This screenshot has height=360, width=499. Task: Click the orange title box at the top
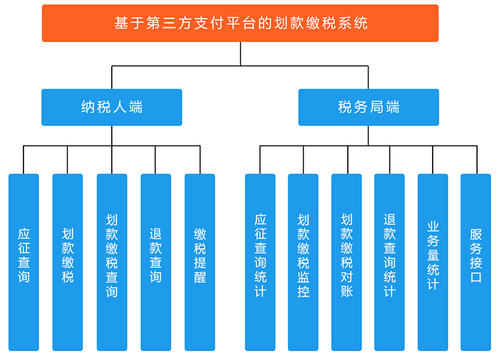(x=240, y=23)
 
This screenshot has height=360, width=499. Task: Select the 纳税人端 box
(x=112, y=107)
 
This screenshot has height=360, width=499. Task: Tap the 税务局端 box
(x=369, y=107)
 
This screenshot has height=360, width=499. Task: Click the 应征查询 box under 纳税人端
(x=24, y=262)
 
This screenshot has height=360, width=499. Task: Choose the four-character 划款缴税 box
(x=68, y=262)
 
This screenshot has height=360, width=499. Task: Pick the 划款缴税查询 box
(x=112, y=262)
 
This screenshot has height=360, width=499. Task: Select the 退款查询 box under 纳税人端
(x=155, y=262)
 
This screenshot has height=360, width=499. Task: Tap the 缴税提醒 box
(x=200, y=262)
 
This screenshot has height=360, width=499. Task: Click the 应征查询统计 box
(x=260, y=262)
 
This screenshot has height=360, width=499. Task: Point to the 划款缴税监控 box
(x=303, y=262)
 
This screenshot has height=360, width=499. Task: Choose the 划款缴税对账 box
(x=346, y=262)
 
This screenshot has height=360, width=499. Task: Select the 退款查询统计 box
(x=389, y=262)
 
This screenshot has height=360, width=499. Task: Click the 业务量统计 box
(x=433, y=262)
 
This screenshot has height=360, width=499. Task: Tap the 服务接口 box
(x=475, y=262)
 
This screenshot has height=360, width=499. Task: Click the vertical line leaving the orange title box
(x=240, y=53)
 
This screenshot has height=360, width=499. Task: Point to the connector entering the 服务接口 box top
(x=477, y=160)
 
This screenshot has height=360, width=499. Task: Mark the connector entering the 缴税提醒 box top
(x=200, y=160)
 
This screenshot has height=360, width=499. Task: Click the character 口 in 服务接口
(x=475, y=277)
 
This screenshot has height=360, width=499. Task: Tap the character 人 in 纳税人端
(x=120, y=107)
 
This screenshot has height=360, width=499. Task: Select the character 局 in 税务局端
(x=376, y=107)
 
